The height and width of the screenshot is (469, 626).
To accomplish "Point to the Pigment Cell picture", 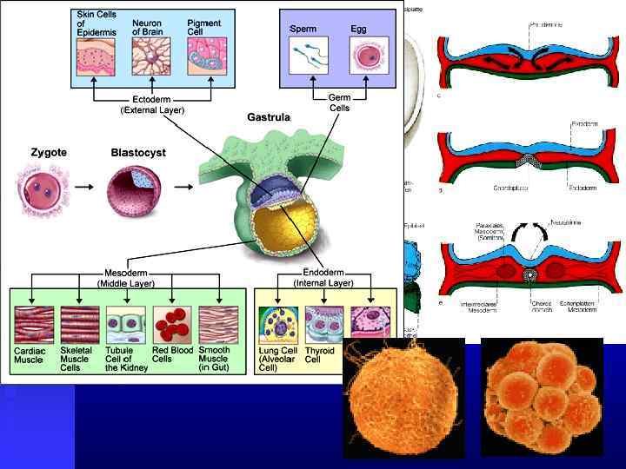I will point(207,56).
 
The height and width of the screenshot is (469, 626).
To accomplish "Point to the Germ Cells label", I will point(339,102).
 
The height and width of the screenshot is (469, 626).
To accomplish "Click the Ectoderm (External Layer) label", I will point(152,105).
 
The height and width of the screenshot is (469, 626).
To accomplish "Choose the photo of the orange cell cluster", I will point(541,395).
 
